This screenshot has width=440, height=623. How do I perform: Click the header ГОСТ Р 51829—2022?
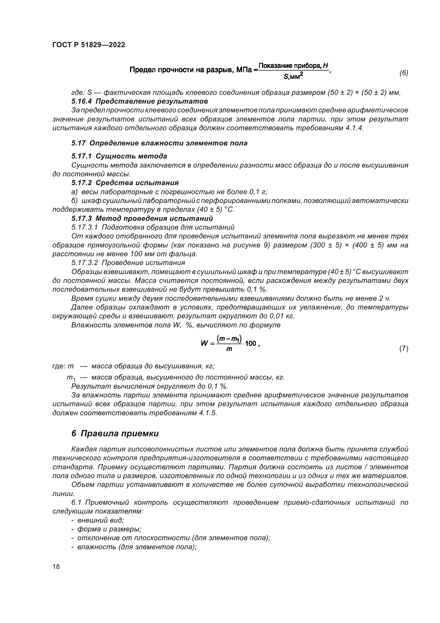(x=89, y=45)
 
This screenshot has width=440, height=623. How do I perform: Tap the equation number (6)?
(x=404, y=73)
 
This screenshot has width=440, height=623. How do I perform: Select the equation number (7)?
(x=404, y=349)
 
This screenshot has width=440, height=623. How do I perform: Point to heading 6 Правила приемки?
(x=115, y=434)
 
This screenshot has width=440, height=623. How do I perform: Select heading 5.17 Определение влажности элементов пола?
(x=159, y=143)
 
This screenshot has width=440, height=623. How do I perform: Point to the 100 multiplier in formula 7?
(x=251, y=344)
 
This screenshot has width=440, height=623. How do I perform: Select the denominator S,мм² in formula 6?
(x=293, y=77)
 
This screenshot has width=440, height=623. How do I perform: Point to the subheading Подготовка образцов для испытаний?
(x=168, y=227)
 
